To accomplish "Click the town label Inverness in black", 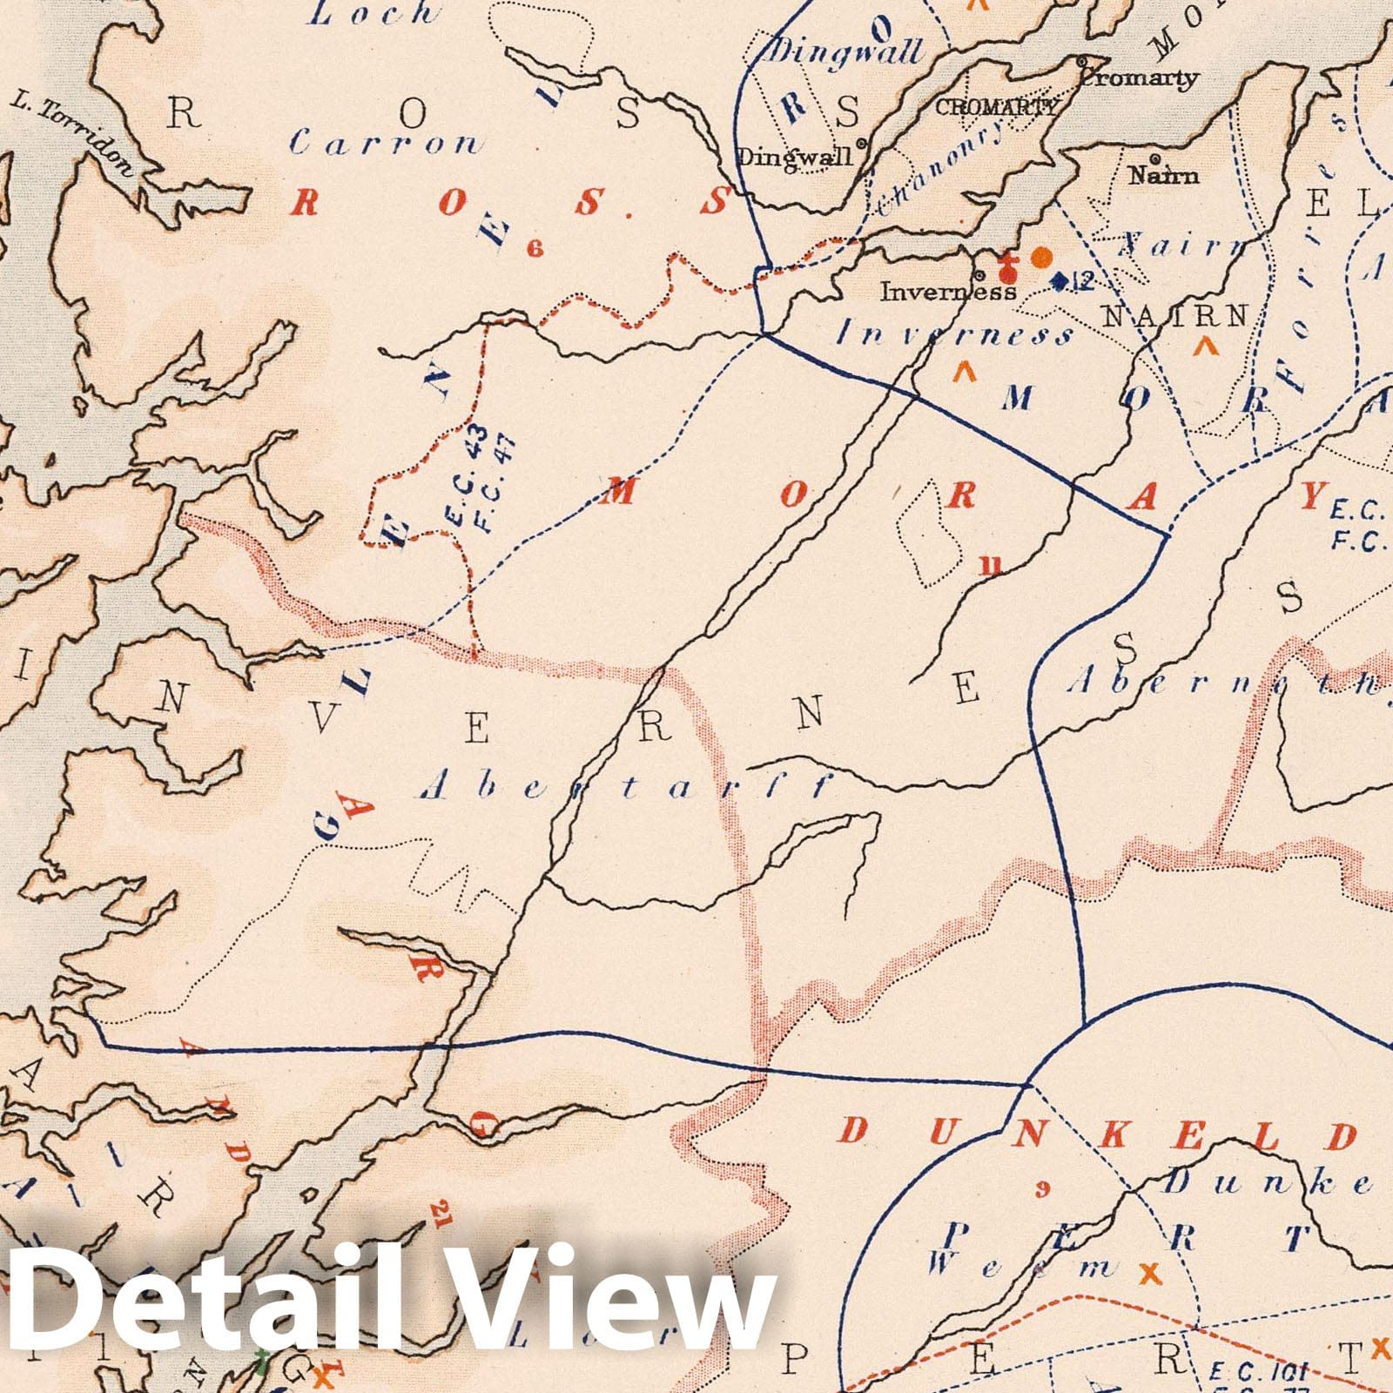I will (947, 291).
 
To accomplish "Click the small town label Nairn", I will (1163, 176).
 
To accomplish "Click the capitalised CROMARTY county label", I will (997, 108).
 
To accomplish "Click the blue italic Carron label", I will (385, 143).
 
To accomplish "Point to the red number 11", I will (990, 567).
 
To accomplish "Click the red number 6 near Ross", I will (534, 250).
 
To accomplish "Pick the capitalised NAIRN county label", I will (1175, 316).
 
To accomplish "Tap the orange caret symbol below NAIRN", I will (1207, 347).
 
